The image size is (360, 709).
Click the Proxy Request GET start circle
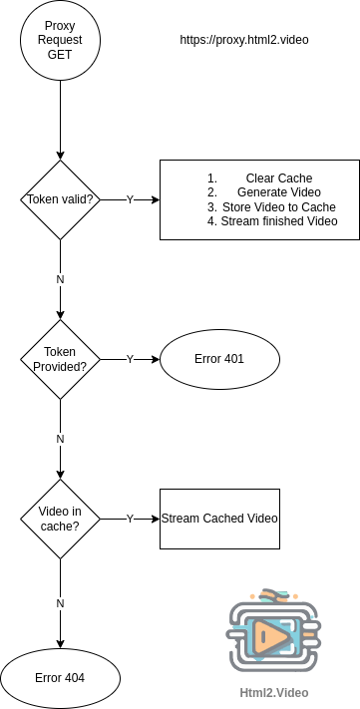(60, 40)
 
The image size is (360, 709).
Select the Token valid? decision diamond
(60, 199)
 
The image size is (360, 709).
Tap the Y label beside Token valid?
(130, 199)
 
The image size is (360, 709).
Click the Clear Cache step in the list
(278, 178)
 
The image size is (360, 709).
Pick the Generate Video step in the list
(278, 192)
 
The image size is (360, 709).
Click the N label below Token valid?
(60, 279)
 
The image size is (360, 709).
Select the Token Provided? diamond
(60, 359)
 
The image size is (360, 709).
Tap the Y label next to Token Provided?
(130, 359)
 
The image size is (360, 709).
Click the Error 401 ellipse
(219, 359)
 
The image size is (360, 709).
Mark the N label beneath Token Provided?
(60, 439)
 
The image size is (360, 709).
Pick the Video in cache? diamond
(60, 519)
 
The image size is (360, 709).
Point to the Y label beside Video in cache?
(130, 519)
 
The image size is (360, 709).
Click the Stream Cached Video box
(219, 519)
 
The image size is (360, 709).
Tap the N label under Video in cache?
(60, 603)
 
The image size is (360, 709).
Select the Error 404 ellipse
(60, 678)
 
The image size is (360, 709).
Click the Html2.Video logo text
(273, 692)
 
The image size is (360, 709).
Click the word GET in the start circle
(60, 55)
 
